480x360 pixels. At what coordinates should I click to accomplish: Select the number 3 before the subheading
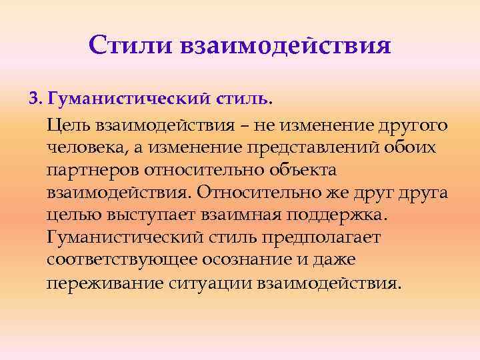(32, 99)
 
